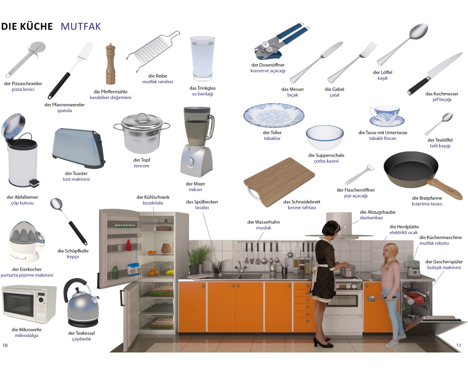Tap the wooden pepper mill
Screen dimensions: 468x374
pyautogui.click(x=110, y=64)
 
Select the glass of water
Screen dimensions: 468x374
pyautogui.click(x=202, y=59)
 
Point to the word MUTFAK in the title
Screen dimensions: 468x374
pyautogui.click(x=81, y=26)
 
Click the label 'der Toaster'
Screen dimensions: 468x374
pyautogui.click(x=76, y=173)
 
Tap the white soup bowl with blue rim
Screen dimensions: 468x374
pyautogui.click(x=325, y=137)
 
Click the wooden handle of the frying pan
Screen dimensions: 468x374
pyautogui.click(x=445, y=188)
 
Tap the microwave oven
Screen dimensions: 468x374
pyautogui.click(x=29, y=304)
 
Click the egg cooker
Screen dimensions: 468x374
pyautogui.click(x=27, y=242)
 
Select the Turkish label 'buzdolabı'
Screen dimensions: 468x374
pyautogui.click(x=153, y=203)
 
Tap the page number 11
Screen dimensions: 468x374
pyautogui.click(x=459, y=345)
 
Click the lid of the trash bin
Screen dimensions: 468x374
pyautogui.click(x=14, y=124)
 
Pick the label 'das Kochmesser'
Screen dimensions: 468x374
pyautogui.click(x=442, y=93)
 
